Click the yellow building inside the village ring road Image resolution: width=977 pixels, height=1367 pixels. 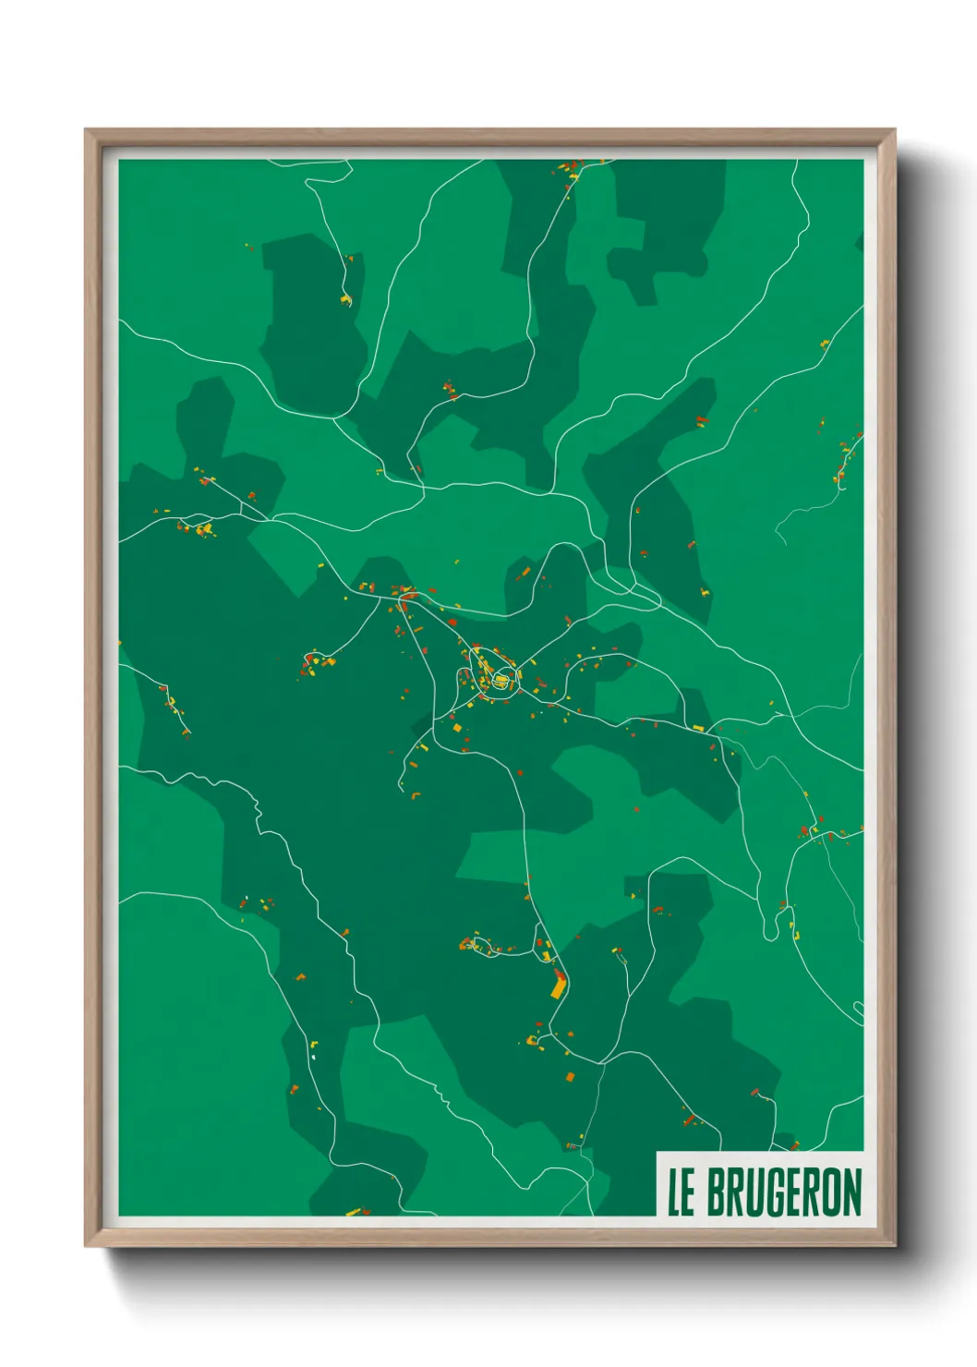(x=501, y=681)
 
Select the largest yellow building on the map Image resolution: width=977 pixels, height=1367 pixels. (x=557, y=987)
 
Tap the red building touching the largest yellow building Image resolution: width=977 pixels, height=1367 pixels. (x=561, y=974)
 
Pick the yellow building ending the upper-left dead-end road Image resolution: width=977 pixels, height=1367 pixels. (x=346, y=299)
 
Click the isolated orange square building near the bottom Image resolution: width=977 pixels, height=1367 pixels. (x=570, y=1076)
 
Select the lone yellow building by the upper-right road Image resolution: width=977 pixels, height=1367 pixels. (x=825, y=345)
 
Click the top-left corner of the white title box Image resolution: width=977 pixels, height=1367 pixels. (x=657, y=1152)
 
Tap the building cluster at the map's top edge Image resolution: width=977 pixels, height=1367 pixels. (x=569, y=170)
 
